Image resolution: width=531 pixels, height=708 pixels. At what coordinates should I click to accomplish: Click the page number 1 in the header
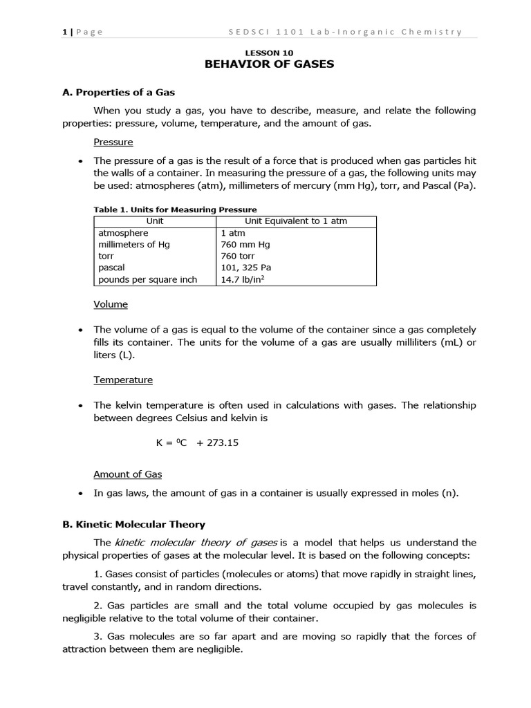pyautogui.click(x=64, y=31)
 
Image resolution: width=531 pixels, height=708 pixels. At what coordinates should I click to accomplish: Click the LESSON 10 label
pyautogui.click(x=270, y=53)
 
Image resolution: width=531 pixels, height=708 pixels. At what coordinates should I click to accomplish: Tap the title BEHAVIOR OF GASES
pyautogui.click(x=270, y=64)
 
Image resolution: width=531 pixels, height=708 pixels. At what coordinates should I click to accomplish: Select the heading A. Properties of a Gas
pyautogui.click(x=123, y=92)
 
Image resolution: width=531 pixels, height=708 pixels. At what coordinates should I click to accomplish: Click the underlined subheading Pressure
pyautogui.click(x=113, y=142)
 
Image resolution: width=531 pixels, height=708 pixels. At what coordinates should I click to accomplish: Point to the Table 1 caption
pyautogui.click(x=175, y=209)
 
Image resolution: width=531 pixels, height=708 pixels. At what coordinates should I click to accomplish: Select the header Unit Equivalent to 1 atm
pyautogui.click(x=296, y=221)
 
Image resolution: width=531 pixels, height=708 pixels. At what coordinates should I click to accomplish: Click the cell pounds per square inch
pyautogui.click(x=147, y=280)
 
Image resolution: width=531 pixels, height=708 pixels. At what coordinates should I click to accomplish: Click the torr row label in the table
pyautogui.click(x=106, y=257)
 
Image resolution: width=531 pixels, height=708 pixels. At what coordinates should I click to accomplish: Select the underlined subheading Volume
pyautogui.click(x=111, y=304)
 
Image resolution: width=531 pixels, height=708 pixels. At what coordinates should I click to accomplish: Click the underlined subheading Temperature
pyautogui.click(x=123, y=380)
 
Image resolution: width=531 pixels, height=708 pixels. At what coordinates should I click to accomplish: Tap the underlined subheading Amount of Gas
pyautogui.click(x=127, y=474)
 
